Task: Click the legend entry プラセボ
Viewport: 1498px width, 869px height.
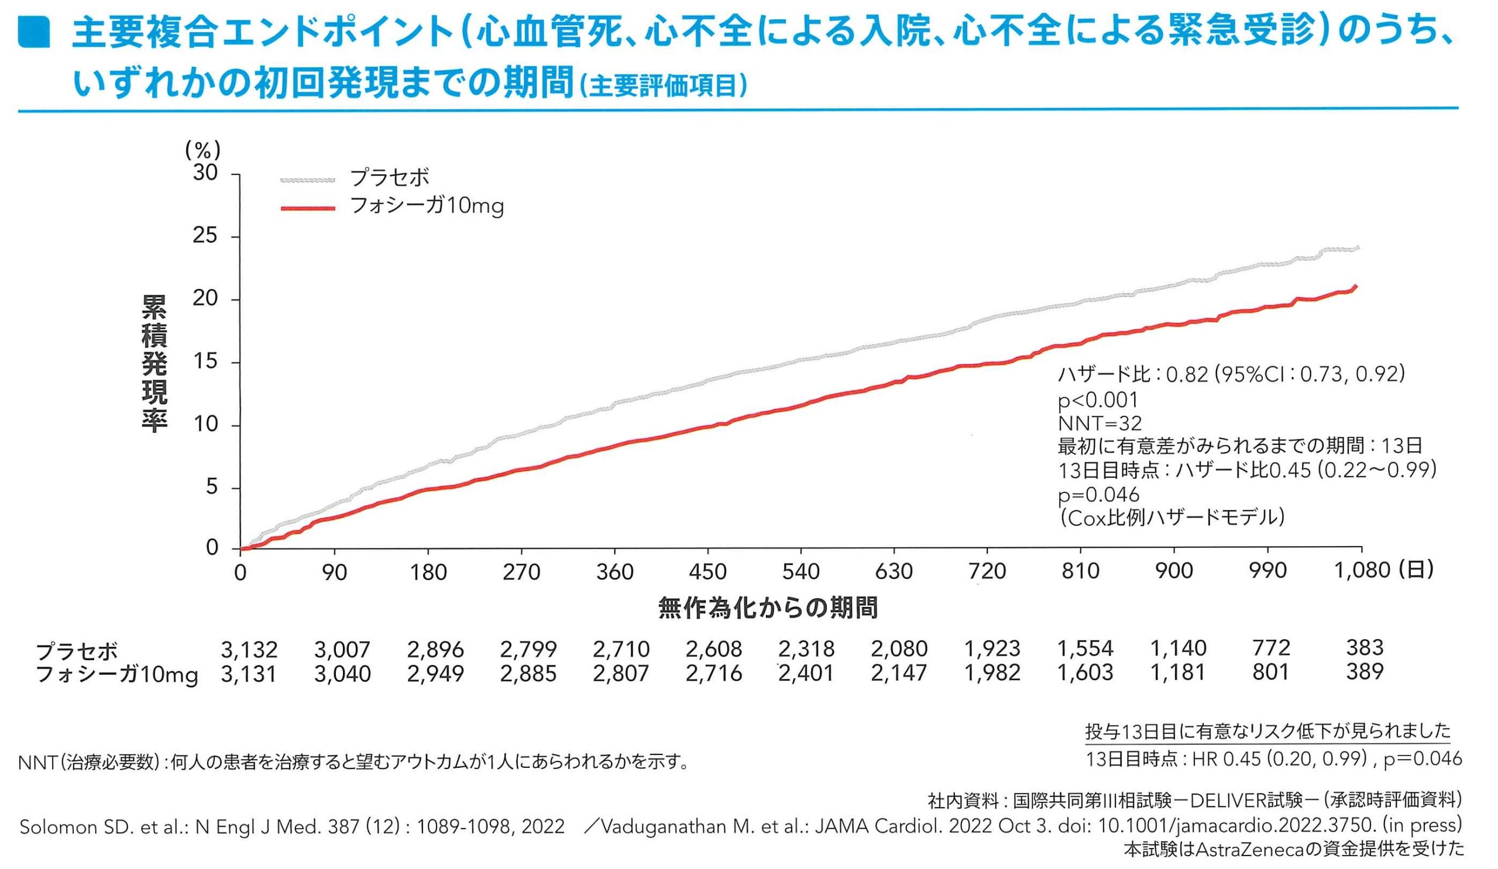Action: pos(389,178)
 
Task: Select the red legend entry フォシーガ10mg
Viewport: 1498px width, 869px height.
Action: pos(426,206)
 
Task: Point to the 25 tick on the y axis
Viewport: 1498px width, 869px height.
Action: pos(205,236)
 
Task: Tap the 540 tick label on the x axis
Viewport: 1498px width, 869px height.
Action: pos(800,571)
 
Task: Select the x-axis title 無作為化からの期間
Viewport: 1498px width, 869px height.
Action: pos(768,608)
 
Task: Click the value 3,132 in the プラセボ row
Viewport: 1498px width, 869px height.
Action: pos(249,649)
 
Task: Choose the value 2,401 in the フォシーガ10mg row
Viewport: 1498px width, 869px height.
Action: pos(807,673)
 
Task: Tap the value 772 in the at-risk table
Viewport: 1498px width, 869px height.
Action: pos(1271,647)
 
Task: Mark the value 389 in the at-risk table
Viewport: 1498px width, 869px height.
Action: pos(1365,672)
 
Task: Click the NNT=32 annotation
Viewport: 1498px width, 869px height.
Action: pos(1100,423)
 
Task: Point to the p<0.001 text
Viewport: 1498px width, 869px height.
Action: pos(1097,400)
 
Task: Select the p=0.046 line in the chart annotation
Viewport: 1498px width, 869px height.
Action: pos(1098,494)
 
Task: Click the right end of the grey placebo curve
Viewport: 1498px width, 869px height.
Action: pos(1358,248)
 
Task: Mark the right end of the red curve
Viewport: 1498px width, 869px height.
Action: pos(1356,287)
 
